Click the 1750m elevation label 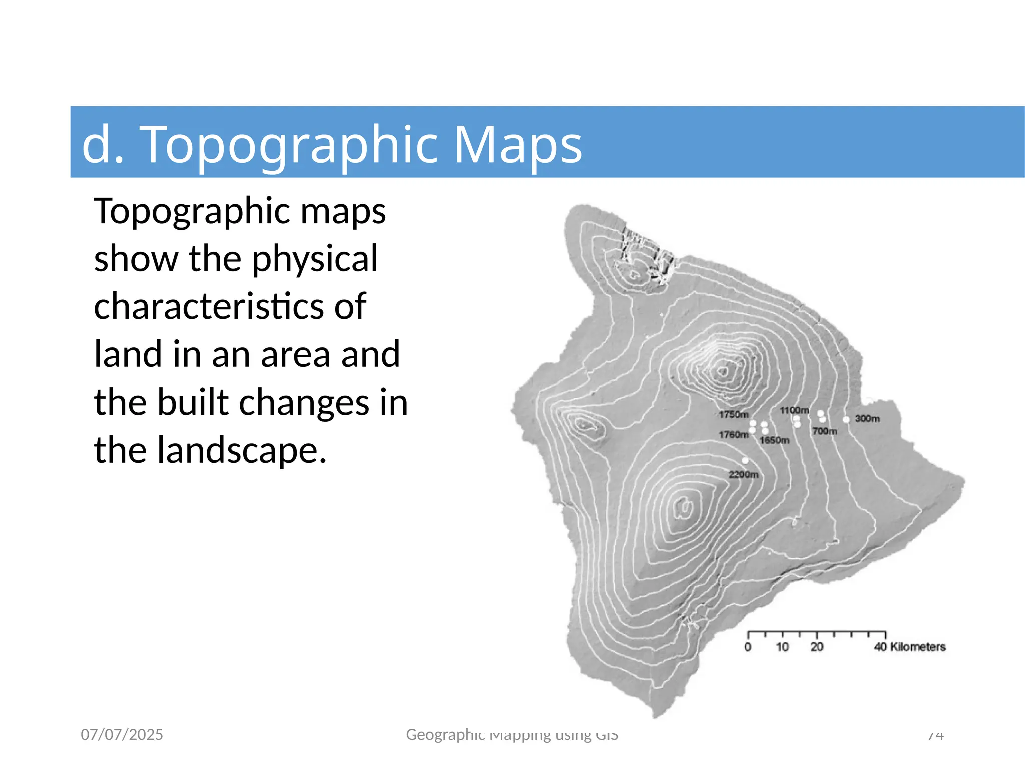click(x=734, y=414)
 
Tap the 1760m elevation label click(x=734, y=434)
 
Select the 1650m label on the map click(x=774, y=440)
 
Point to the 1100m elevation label click(x=794, y=410)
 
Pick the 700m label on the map click(x=825, y=431)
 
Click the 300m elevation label click(x=867, y=418)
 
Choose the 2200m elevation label click(x=743, y=474)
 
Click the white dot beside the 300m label click(x=846, y=420)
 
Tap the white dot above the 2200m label click(x=745, y=460)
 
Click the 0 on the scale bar click(x=748, y=647)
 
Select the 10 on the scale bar click(x=782, y=647)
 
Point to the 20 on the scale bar click(x=817, y=647)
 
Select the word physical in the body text click(x=315, y=258)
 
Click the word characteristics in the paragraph click(x=230, y=306)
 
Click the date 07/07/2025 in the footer click(x=122, y=734)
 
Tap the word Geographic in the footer click(x=445, y=734)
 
